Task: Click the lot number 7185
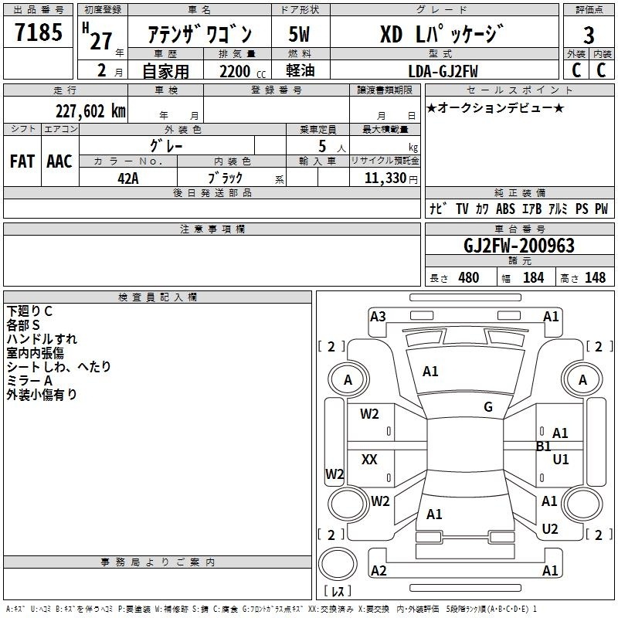pyautogui.click(x=39, y=32)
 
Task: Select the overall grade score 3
pyautogui.click(x=589, y=35)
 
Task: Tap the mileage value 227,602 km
pyautogui.click(x=90, y=111)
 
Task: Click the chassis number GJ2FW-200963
pyautogui.click(x=518, y=246)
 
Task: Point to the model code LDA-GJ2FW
pyautogui.click(x=443, y=71)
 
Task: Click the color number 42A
pyautogui.click(x=128, y=178)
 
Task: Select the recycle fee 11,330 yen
pyautogui.click(x=391, y=178)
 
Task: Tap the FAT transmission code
pyautogui.click(x=22, y=161)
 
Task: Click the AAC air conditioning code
pyautogui.click(x=59, y=161)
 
